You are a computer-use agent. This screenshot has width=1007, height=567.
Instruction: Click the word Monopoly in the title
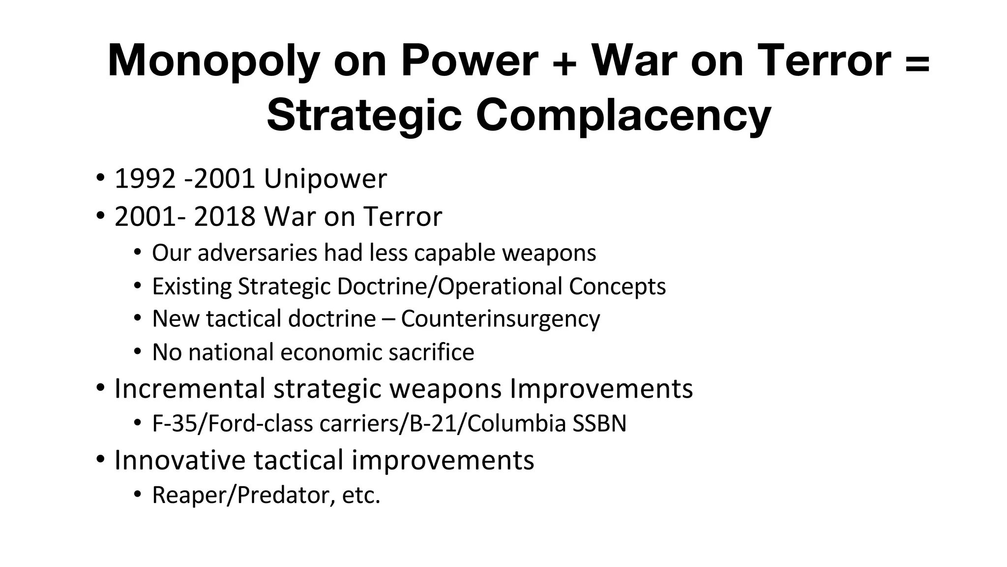tap(213, 62)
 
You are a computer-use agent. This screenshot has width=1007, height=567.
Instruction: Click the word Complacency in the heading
tap(623, 116)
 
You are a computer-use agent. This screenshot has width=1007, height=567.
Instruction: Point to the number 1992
tap(145, 178)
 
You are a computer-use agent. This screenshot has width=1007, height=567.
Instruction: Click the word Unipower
tap(326, 178)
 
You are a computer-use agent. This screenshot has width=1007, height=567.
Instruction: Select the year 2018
tap(225, 217)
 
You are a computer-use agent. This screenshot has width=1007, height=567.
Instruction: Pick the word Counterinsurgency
tap(500, 319)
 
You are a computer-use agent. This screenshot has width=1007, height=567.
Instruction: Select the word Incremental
tap(190, 388)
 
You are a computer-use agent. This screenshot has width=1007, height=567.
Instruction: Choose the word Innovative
tap(179, 460)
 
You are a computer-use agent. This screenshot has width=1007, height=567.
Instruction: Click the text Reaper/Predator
tap(240, 495)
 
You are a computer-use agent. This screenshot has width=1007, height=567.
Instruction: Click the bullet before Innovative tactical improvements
tap(101, 459)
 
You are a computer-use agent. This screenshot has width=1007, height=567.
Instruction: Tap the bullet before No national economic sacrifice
tap(138, 352)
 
